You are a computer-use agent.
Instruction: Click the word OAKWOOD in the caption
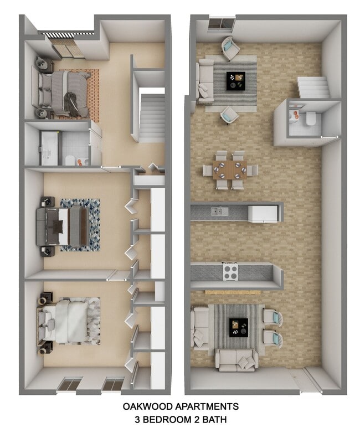coord(145,407)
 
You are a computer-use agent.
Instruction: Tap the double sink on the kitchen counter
coord(219,211)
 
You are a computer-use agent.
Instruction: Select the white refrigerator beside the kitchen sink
coord(263,213)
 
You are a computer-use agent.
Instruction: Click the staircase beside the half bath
coord(313,87)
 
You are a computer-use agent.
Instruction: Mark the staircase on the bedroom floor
coord(152,117)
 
